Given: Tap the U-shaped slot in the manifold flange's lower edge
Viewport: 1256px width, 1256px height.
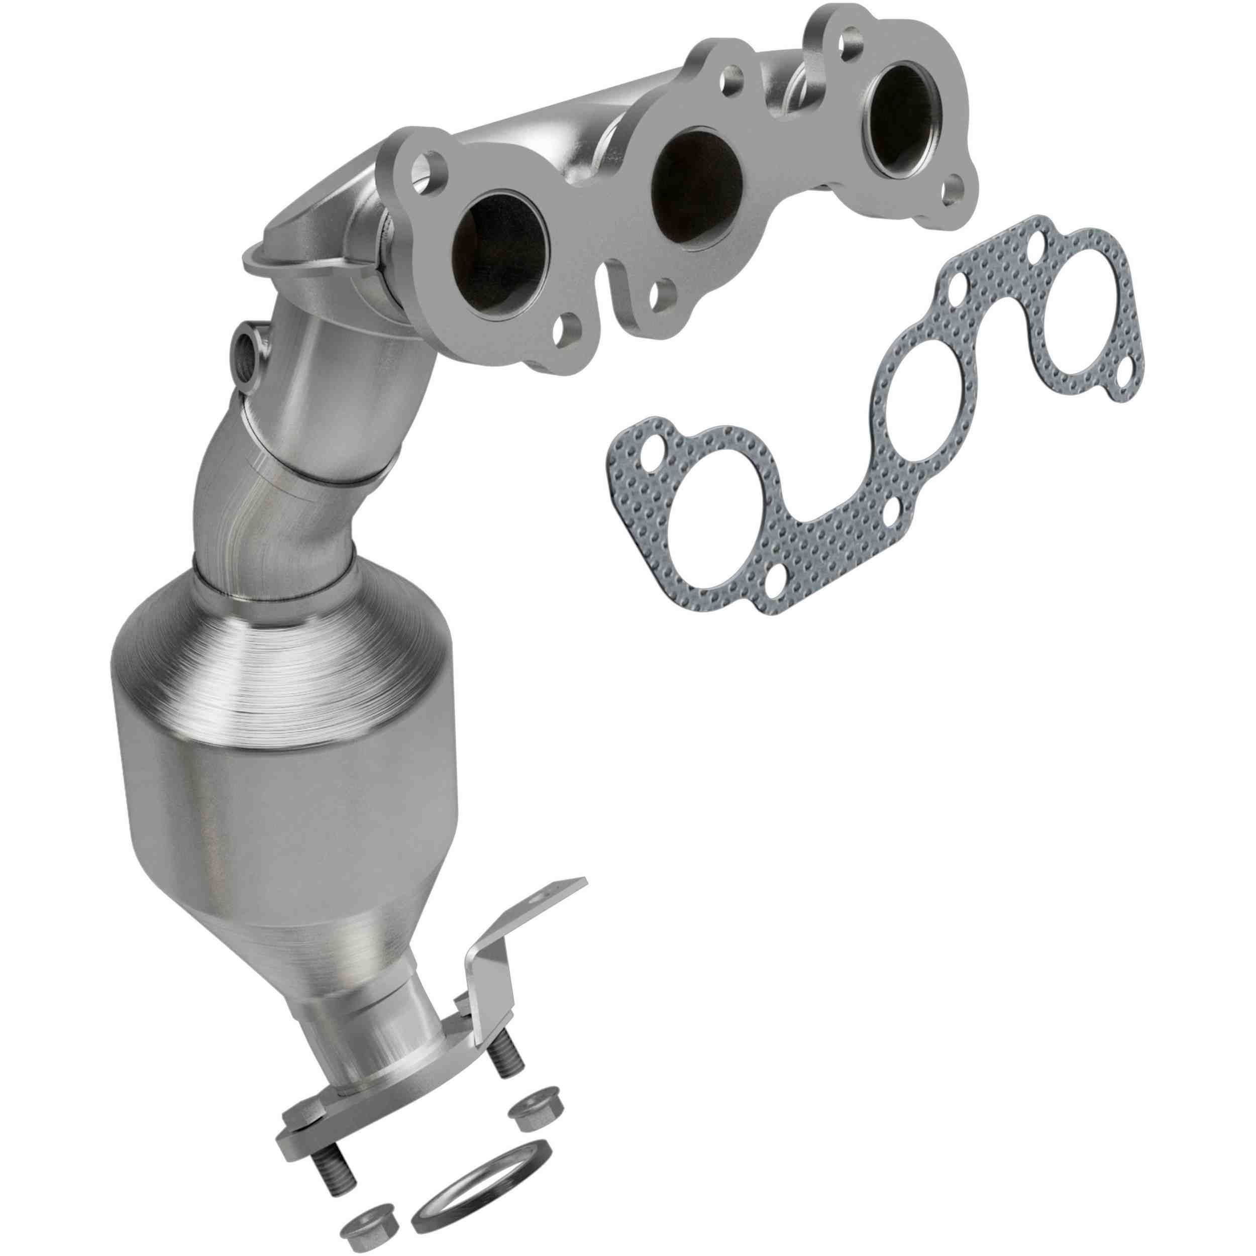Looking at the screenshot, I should coord(615,286).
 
